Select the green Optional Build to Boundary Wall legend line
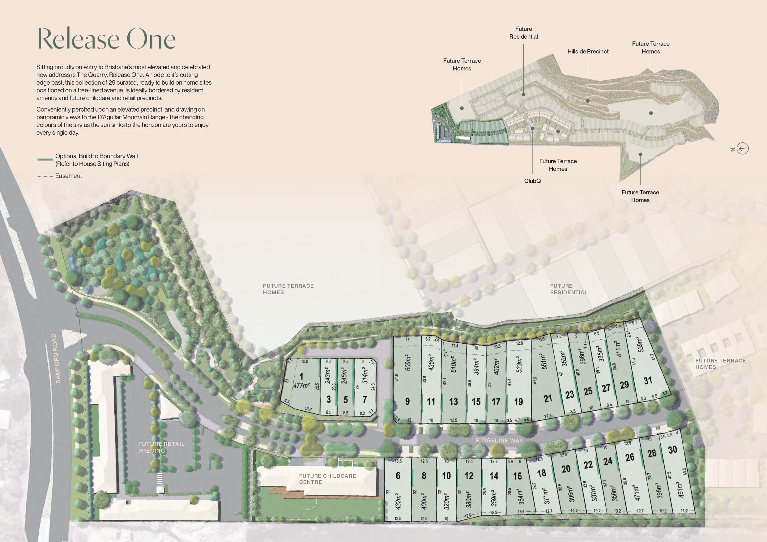click(x=45, y=160)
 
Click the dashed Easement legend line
click(x=45, y=176)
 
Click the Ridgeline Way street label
click(x=499, y=440)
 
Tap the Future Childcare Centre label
click(x=327, y=479)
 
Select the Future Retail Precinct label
click(x=161, y=447)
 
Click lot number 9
click(x=407, y=401)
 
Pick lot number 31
click(x=648, y=380)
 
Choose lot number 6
click(x=398, y=475)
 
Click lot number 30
click(x=672, y=450)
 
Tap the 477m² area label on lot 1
click(x=301, y=385)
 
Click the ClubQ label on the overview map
click(x=532, y=181)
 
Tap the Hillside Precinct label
click(x=588, y=51)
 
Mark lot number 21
click(x=548, y=398)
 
